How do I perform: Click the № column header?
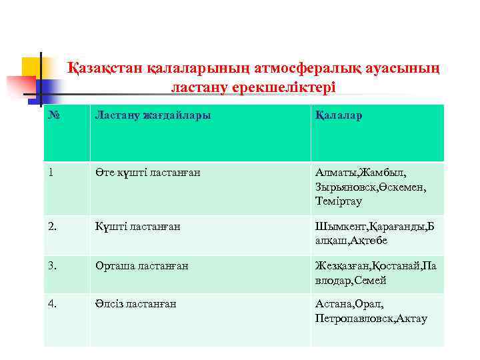[x=54, y=116]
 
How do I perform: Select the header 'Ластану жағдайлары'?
[x=153, y=116]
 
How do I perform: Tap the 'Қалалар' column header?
[x=339, y=116]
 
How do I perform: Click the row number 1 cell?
[x=51, y=173]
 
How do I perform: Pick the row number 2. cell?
[x=53, y=226]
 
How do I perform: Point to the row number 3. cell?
[x=53, y=265]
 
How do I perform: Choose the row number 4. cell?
[x=53, y=304]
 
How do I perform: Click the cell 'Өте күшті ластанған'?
[x=147, y=173]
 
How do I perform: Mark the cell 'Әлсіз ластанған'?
[x=136, y=304]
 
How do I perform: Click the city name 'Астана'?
[x=333, y=304]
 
